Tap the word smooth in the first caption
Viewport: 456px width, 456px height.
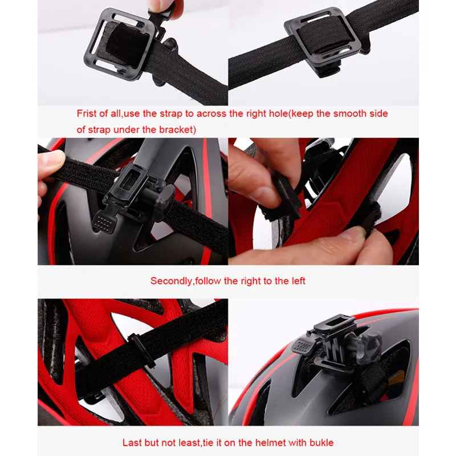[343, 113]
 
